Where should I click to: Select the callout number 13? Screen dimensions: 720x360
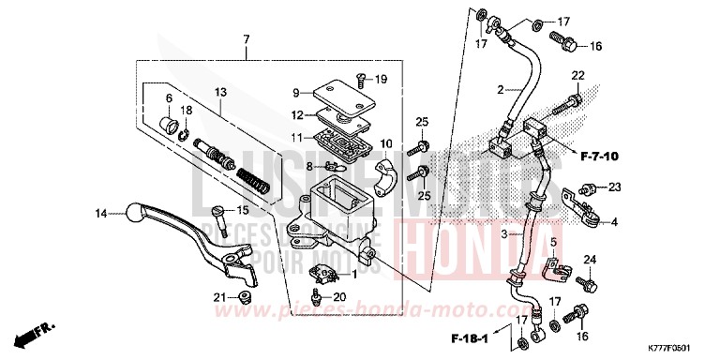coord(221,92)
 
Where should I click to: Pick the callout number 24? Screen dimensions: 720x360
coord(590,259)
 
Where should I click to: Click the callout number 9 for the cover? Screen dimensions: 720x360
coord(295,93)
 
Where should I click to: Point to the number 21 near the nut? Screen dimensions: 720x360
coord(218,297)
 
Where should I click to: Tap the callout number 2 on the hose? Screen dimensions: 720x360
coord(502,90)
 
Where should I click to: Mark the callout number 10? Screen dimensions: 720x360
coord(383,143)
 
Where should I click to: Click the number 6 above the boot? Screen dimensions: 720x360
coord(170,98)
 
